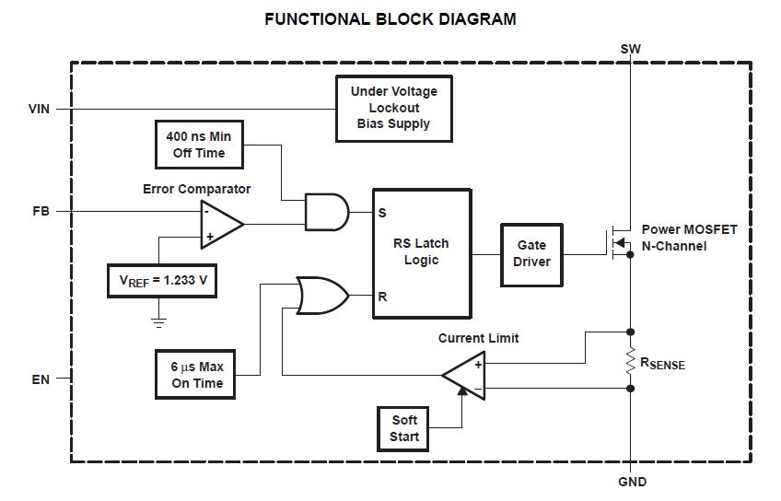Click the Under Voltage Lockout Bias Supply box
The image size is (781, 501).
click(393, 108)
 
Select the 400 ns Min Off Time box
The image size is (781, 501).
click(199, 145)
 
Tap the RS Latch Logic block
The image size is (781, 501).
click(421, 253)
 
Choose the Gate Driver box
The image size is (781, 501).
click(531, 253)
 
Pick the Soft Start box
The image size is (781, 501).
click(404, 428)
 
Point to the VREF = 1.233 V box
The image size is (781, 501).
click(162, 281)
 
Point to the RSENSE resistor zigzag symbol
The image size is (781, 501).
click(630, 360)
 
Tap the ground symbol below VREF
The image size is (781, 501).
click(158, 321)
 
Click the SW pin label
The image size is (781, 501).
click(631, 49)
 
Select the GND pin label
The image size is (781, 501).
click(631, 482)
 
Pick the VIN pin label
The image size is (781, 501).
click(40, 109)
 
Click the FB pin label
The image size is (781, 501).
click(40, 212)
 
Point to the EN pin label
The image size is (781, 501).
click(40, 379)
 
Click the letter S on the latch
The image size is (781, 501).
click(382, 213)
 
